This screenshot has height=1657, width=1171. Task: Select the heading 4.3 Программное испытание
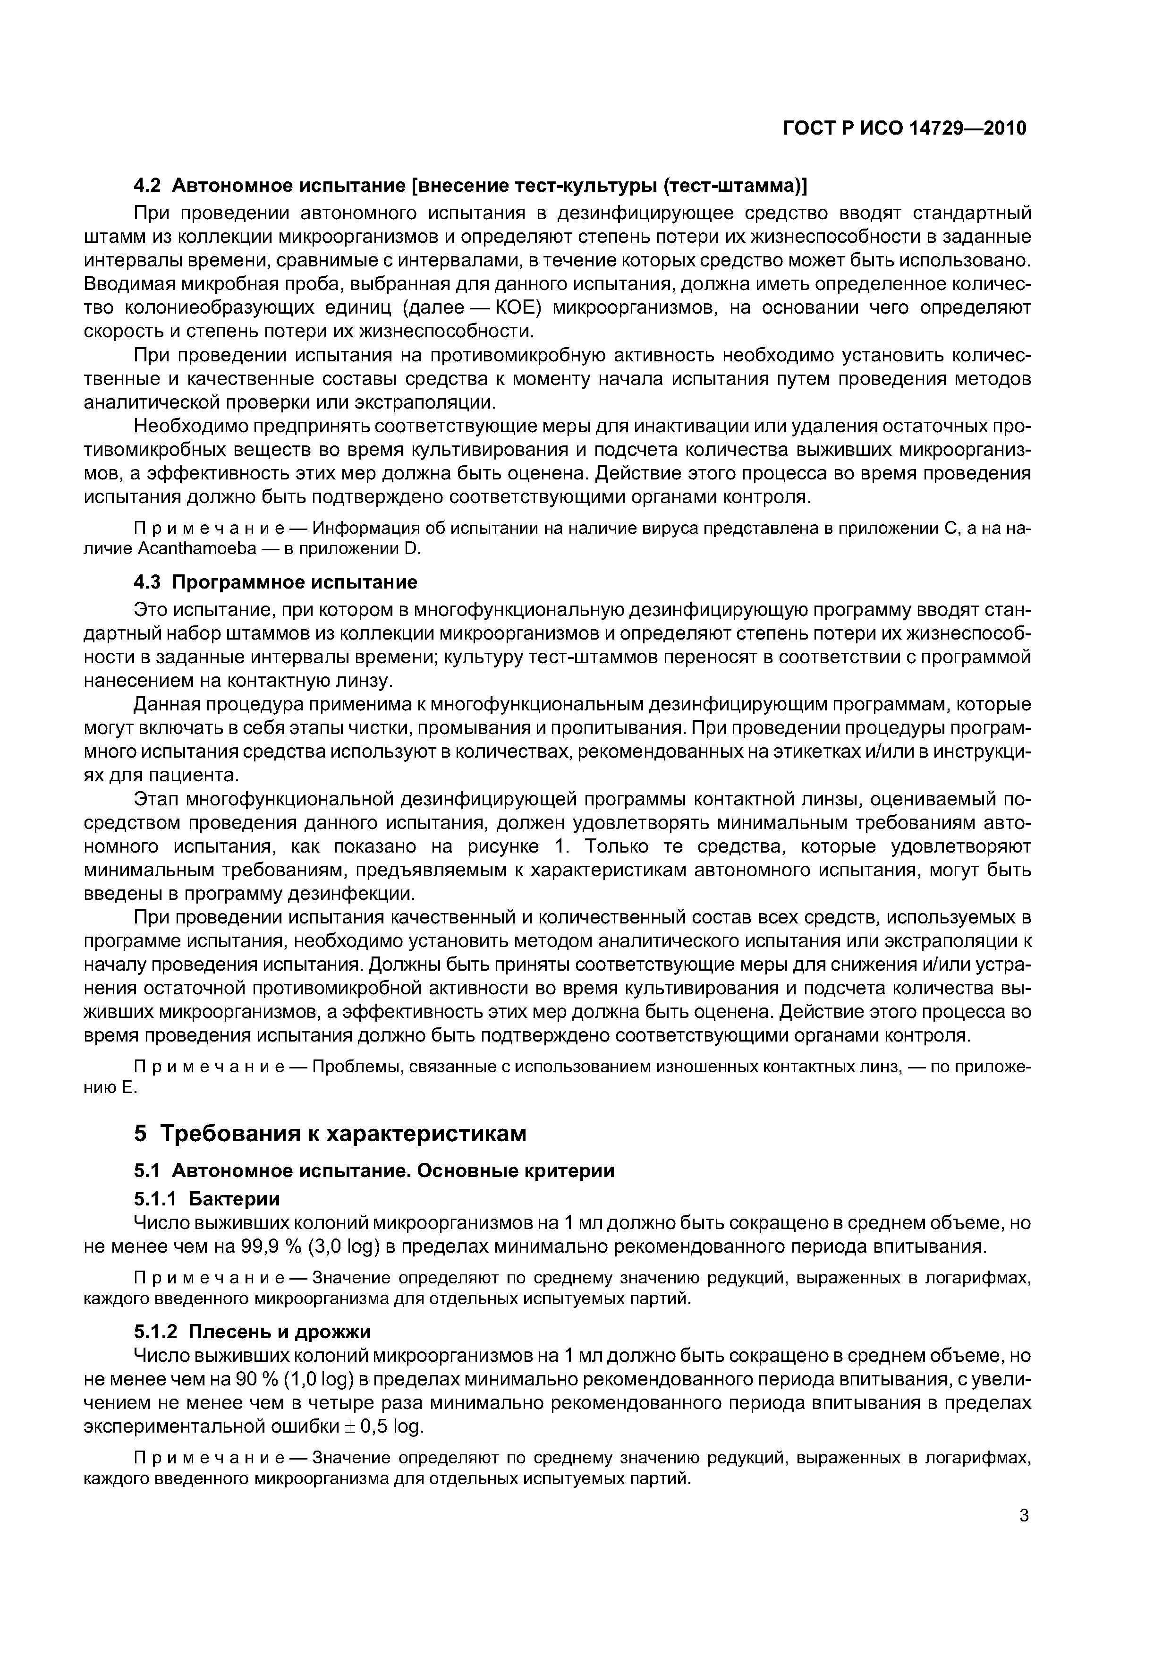click(276, 581)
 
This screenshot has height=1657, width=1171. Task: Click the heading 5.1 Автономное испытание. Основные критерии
click(374, 1170)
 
